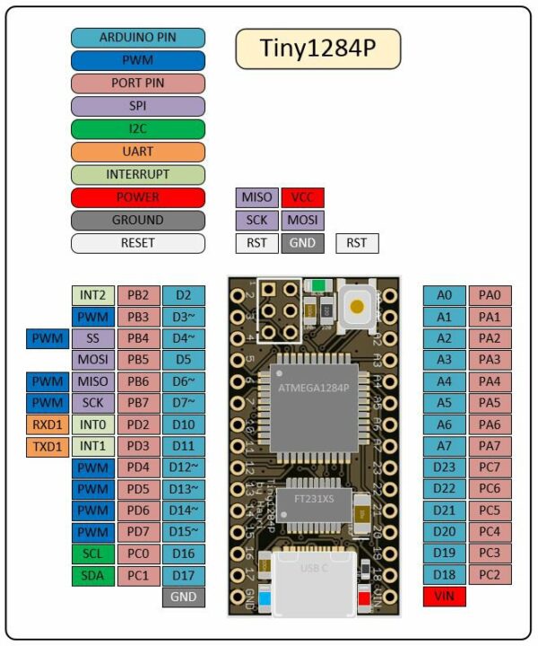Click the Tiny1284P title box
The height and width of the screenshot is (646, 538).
click(317, 48)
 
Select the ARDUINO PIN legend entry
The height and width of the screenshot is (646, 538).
click(137, 38)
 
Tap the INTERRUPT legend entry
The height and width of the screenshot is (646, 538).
click(137, 174)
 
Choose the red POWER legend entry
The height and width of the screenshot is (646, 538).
click(137, 197)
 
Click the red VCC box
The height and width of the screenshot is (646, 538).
click(302, 197)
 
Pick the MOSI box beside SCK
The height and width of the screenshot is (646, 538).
click(302, 220)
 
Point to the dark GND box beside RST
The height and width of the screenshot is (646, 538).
click(302, 243)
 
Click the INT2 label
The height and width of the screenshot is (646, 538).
click(93, 295)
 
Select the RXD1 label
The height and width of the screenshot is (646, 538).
click(48, 424)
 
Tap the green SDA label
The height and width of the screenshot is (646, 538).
click(93, 575)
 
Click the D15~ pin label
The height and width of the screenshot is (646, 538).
click(183, 532)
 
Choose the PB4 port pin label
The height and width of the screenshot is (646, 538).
click(138, 338)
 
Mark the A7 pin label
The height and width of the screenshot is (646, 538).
click(445, 446)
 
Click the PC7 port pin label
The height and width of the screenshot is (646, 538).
click(490, 467)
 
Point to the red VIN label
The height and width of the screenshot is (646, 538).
click(445, 597)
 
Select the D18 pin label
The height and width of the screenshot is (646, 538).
click(445, 575)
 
